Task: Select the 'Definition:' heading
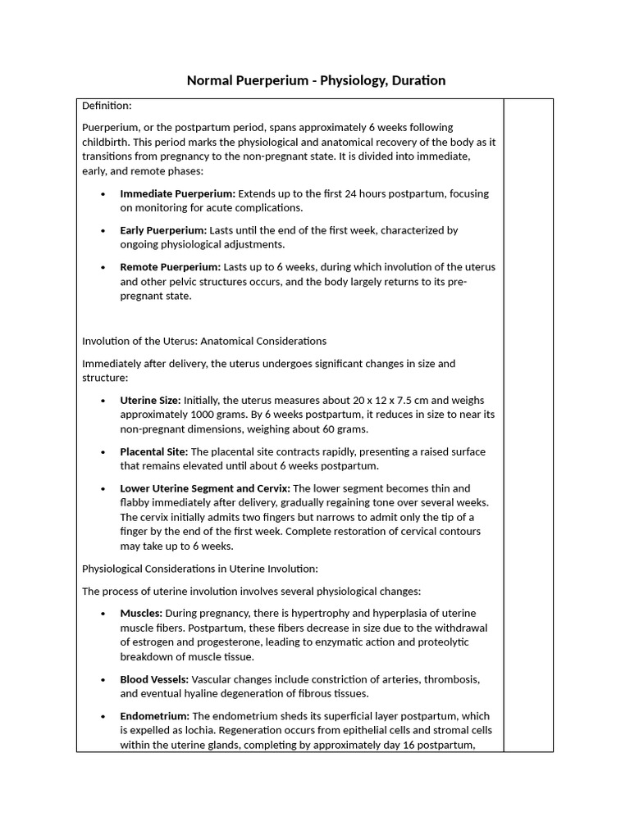click(107, 106)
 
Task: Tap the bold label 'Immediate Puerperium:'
click(177, 193)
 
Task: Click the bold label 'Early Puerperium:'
click(163, 230)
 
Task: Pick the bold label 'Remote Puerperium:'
click(170, 267)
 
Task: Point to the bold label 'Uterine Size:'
click(150, 400)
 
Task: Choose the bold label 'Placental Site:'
click(154, 451)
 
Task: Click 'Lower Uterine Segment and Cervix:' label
click(205, 488)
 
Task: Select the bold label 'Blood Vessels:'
click(154, 679)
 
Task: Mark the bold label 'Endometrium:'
click(154, 716)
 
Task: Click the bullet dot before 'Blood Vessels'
click(103, 680)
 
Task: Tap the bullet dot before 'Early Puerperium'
click(103, 231)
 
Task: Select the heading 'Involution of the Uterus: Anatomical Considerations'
click(204, 341)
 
